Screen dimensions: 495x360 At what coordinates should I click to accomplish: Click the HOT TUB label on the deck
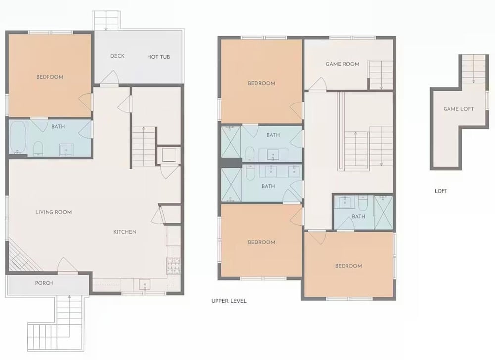coord(158,57)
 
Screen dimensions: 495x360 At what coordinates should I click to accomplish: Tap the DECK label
coord(117,56)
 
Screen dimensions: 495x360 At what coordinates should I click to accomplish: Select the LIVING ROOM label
coord(53,212)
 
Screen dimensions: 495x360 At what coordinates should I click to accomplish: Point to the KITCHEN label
coord(125,232)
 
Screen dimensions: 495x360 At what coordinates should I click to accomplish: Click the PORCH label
coord(44,283)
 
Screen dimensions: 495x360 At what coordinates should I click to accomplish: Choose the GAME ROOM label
coord(343,64)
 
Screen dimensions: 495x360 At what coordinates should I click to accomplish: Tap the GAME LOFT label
coord(458,109)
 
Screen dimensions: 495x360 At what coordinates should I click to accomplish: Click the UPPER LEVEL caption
coord(229,301)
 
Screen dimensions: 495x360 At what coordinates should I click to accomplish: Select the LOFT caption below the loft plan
coord(441,191)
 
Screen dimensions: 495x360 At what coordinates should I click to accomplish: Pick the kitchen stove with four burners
coord(173,265)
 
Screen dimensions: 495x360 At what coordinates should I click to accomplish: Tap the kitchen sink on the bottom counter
coord(145,285)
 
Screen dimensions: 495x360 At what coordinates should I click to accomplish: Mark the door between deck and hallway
coord(109,79)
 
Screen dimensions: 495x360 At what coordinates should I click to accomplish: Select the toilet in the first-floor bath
coord(38,149)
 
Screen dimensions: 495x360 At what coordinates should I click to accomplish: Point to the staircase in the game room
coord(381,75)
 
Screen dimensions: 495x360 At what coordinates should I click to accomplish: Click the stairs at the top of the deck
coord(106,21)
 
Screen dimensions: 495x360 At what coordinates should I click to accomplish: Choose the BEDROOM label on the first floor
coord(49,77)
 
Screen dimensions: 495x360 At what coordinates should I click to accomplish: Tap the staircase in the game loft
coord(474,69)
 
